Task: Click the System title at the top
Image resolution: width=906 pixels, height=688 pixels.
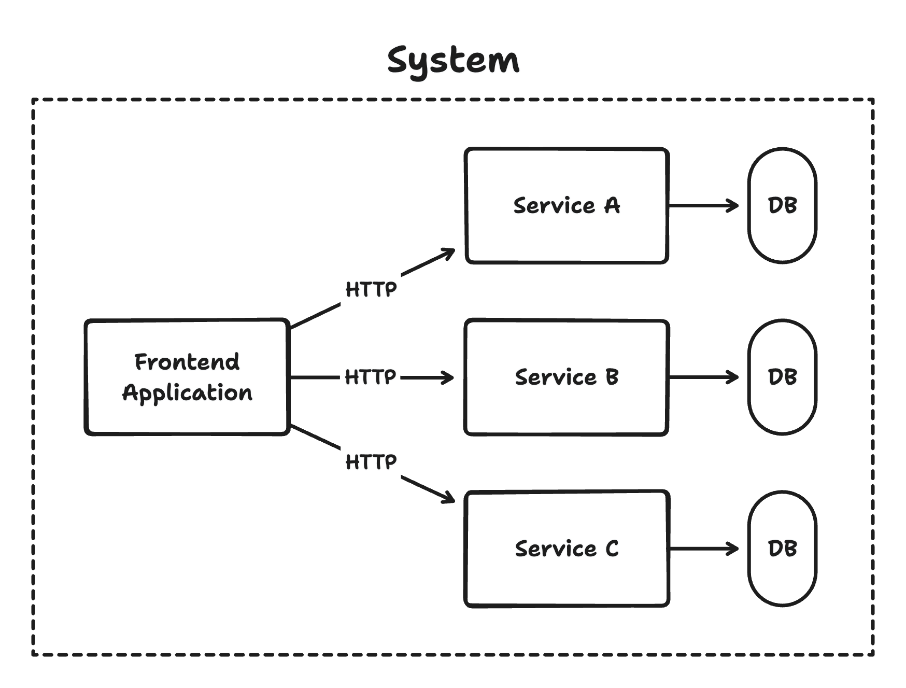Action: click(x=453, y=61)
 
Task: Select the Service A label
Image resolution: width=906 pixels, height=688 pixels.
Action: click(x=567, y=205)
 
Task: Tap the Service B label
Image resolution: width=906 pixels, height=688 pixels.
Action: click(x=567, y=377)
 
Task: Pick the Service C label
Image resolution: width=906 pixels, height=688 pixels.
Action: click(x=567, y=549)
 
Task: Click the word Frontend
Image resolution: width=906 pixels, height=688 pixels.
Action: click(x=187, y=362)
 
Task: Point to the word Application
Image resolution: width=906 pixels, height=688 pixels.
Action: click(x=187, y=393)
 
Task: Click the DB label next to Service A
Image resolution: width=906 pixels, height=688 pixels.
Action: click(x=782, y=205)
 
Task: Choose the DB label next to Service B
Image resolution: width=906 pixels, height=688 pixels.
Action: click(x=782, y=377)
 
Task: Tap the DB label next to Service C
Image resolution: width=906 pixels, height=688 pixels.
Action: click(x=782, y=549)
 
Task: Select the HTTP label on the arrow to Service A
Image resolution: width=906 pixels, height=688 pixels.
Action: click(x=371, y=289)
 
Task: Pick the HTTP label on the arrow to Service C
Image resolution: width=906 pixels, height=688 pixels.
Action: click(x=371, y=461)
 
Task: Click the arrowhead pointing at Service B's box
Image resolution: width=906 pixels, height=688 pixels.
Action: click(x=449, y=377)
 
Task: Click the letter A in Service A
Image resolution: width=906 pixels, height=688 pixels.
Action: click(x=612, y=205)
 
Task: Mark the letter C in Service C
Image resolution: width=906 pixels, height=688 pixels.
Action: click(x=612, y=549)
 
